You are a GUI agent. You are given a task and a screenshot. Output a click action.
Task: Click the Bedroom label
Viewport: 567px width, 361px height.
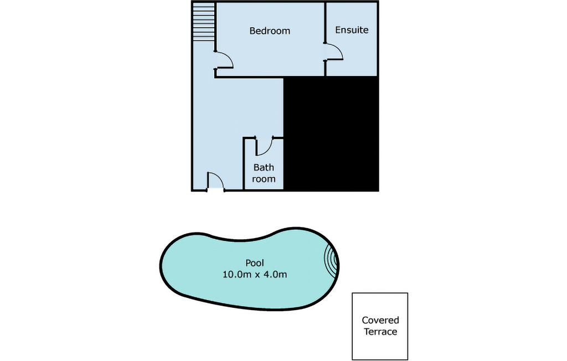coord(270,31)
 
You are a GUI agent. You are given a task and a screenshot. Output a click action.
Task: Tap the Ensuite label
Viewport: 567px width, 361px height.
coord(352,30)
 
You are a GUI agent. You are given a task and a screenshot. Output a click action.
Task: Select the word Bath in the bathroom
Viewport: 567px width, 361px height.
coord(264,167)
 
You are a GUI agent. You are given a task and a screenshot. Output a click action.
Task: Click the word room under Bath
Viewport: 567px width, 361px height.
coord(264,179)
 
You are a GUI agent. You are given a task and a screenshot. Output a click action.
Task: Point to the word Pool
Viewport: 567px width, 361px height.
coord(255,263)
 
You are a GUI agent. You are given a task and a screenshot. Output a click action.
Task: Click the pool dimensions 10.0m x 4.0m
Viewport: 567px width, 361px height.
coord(255,275)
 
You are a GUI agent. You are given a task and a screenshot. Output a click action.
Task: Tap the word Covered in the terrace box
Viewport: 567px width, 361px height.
coord(380,320)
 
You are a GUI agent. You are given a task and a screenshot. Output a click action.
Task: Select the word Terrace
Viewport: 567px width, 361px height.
coord(380,332)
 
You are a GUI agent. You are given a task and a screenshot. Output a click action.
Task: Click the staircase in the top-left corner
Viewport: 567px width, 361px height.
coord(204,22)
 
